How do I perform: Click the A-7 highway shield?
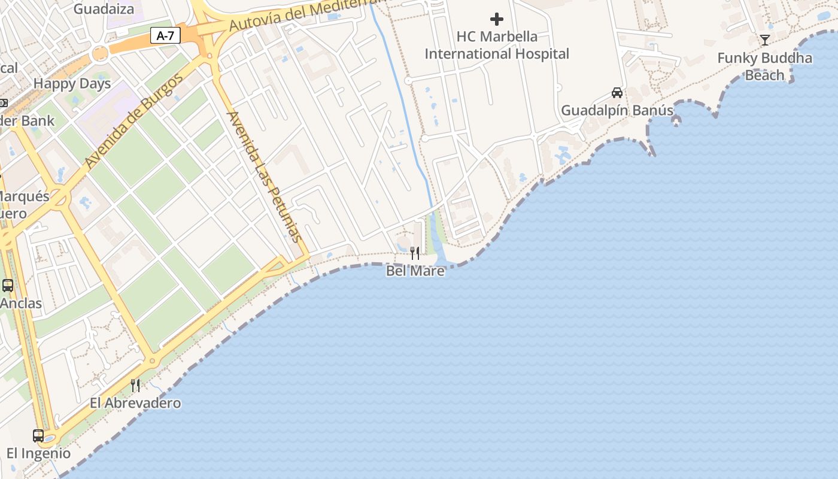[165, 36]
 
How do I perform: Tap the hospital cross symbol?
[497, 19]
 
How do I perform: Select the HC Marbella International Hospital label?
[497, 45]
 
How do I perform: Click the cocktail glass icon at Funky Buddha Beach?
[764, 40]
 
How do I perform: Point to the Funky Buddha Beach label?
[764, 66]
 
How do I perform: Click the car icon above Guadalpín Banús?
[617, 93]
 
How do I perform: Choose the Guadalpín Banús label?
[617, 111]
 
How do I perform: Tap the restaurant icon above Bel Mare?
[415, 253]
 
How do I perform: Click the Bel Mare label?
[415, 271]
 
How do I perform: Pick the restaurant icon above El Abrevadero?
[135, 385]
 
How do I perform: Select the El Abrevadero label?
[135, 403]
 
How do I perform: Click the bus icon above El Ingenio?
[38, 436]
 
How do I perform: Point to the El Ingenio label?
[38, 453]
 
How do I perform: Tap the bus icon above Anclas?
[8, 286]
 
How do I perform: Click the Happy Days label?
[72, 84]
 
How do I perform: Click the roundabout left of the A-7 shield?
[100, 54]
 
